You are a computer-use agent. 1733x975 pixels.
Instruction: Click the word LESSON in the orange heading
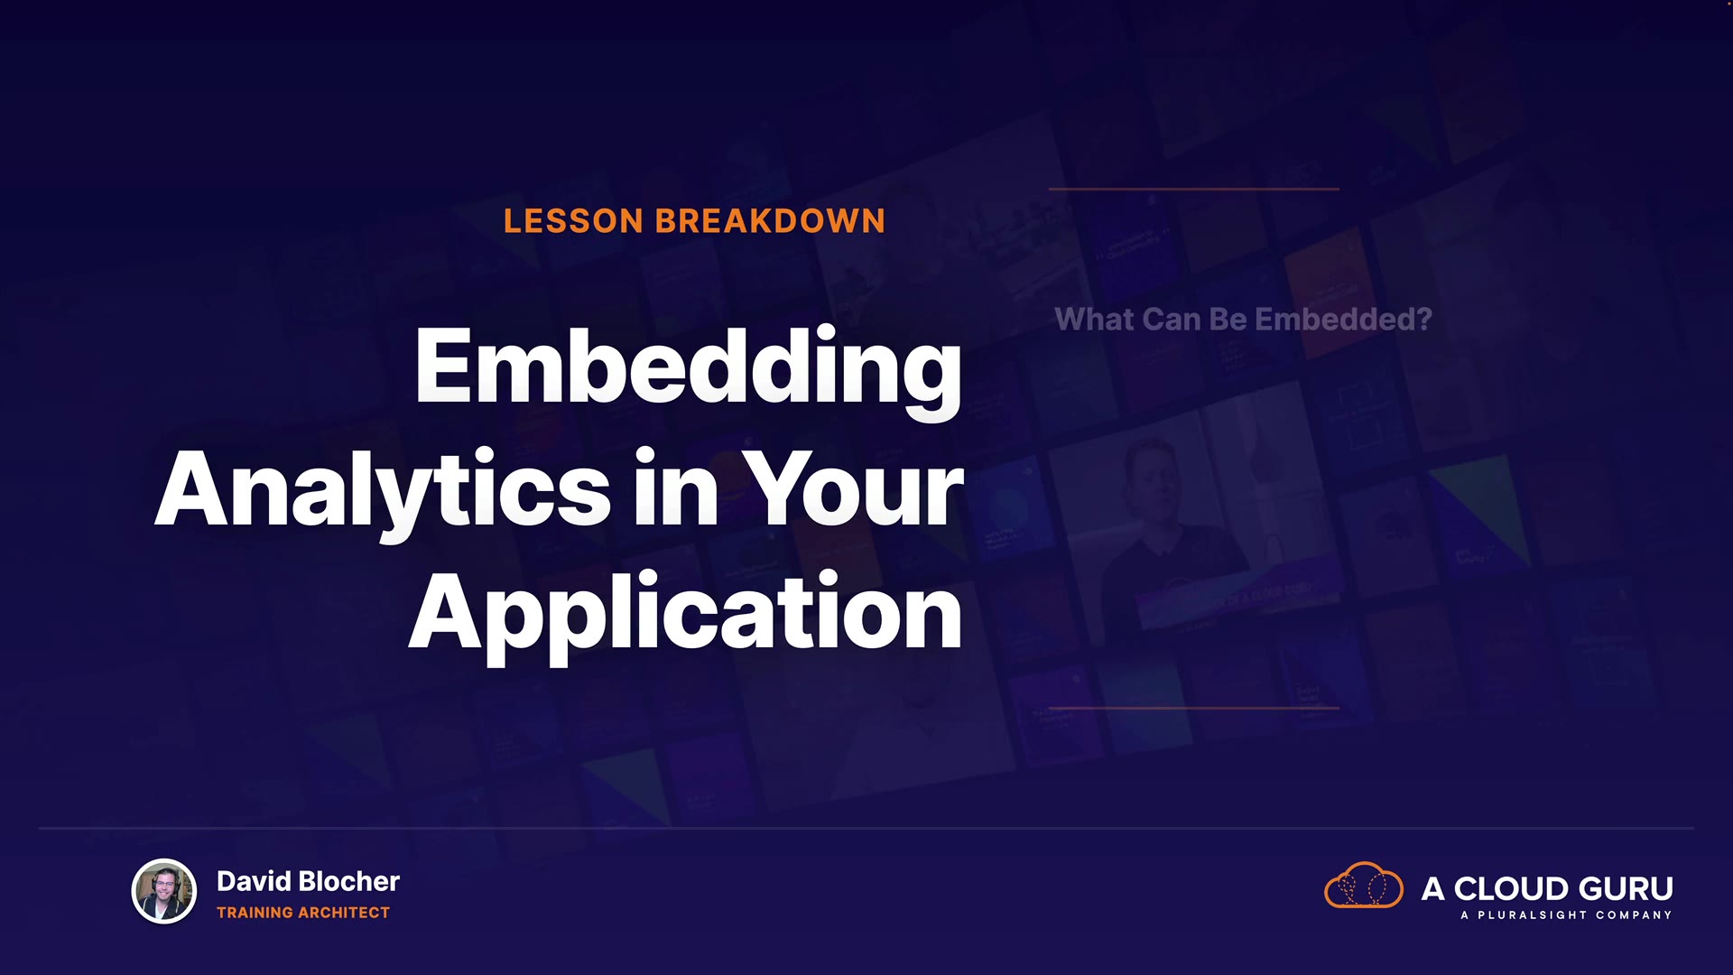click(573, 221)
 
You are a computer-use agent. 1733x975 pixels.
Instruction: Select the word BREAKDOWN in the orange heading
click(771, 221)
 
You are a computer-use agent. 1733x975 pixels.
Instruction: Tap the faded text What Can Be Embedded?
click(1243, 319)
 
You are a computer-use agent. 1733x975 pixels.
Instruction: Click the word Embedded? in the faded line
click(1343, 319)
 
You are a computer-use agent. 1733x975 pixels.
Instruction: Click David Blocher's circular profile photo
click(164, 891)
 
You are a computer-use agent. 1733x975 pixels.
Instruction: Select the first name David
click(254, 881)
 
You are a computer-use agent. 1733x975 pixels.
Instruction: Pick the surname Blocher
click(348, 881)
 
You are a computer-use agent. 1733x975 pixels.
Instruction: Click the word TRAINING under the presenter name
click(255, 913)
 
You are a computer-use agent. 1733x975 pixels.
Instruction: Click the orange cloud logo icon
click(1364, 885)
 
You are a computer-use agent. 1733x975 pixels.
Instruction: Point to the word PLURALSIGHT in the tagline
click(1532, 915)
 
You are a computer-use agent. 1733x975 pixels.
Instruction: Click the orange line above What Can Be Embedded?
click(1193, 189)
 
